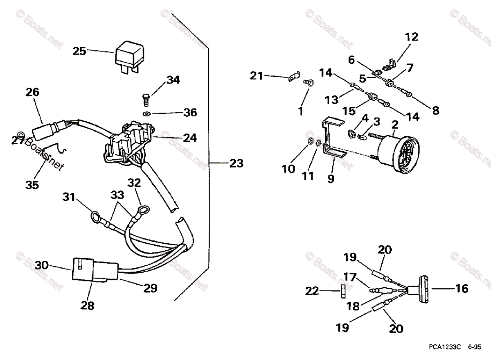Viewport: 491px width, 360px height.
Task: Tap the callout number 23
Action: (236, 163)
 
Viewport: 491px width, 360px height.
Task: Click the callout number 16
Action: (462, 288)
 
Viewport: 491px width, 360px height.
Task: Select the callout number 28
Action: (88, 306)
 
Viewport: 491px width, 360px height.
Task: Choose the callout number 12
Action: (411, 37)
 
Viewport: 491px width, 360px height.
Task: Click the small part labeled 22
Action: (343, 292)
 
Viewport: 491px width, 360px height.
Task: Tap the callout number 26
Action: (32, 93)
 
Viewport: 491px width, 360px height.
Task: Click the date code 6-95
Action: (475, 346)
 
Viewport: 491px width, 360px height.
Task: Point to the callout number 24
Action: (190, 138)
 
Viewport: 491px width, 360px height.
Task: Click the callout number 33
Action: (117, 195)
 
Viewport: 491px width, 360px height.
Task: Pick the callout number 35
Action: (32, 185)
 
